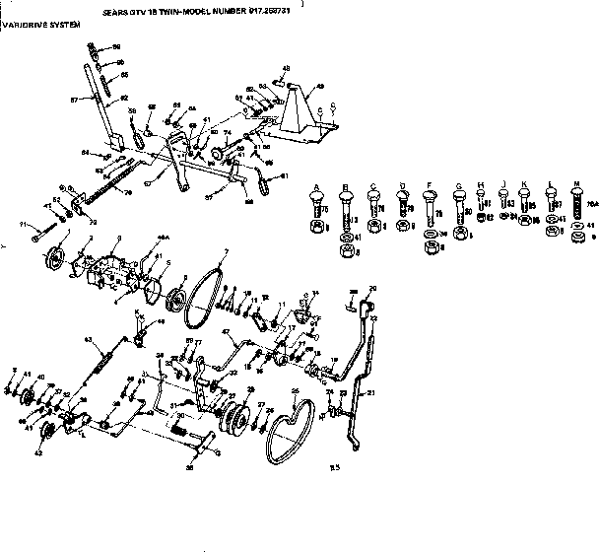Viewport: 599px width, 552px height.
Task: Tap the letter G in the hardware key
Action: coord(458,185)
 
